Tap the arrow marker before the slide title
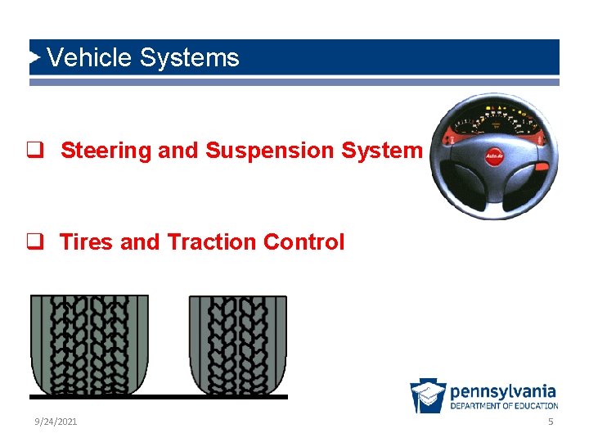pyautogui.click(x=34, y=57)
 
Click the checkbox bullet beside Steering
pyautogui.click(x=34, y=151)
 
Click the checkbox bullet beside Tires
pyautogui.click(x=34, y=242)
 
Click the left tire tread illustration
pyautogui.click(x=89, y=344)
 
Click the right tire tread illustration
pyautogui.click(x=238, y=344)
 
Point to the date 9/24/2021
pyautogui.click(x=56, y=422)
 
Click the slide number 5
pyautogui.click(x=551, y=422)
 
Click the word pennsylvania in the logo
pyautogui.click(x=503, y=391)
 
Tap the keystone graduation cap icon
pyautogui.click(x=428, y=395)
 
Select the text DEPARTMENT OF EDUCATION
pyautogui.click(x=504, y=406)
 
